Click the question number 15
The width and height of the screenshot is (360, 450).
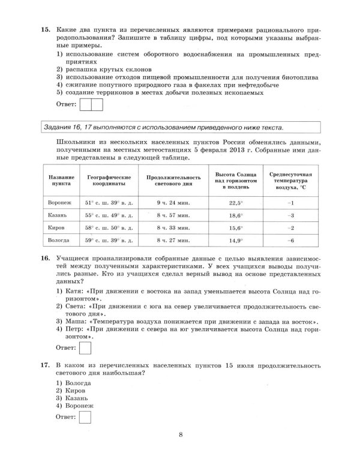click(44, 29)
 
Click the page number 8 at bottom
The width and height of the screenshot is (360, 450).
click(180, 435)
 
